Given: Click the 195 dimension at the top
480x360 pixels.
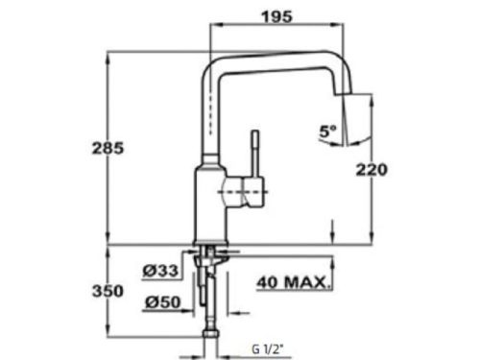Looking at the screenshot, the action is click(277, 16).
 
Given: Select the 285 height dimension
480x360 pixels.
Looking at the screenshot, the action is click(108, 149).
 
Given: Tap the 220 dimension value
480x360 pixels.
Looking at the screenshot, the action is click(372, 170).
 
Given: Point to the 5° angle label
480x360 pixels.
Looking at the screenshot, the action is click(327, 132).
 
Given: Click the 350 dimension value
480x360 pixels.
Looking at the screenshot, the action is click(108, 291).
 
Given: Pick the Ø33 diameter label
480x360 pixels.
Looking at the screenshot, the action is click(160, 271).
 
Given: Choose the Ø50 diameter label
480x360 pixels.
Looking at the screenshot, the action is click(163, 302).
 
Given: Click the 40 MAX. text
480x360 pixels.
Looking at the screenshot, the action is click(293, 282).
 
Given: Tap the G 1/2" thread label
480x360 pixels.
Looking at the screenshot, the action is click(268, 349).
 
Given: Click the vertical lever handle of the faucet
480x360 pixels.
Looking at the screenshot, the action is click(255, 155).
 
